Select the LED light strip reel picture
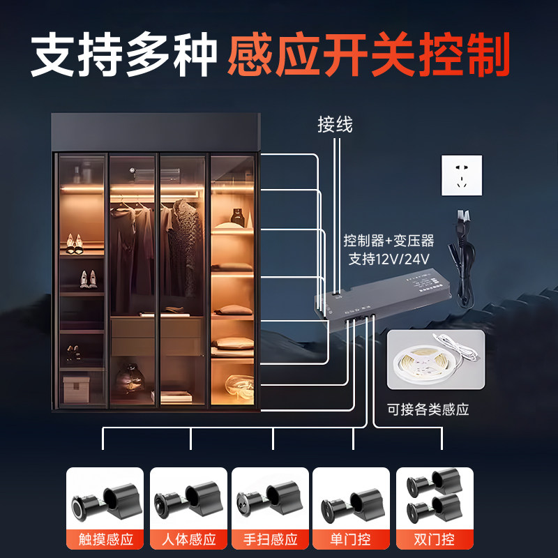click(435, 359)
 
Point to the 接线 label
click(335, 125)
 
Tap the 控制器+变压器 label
click(389, 241)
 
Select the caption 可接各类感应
click(428, 409)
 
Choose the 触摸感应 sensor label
click(105, 539)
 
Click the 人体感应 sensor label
click(188, 539)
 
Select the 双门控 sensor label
click(435, 539)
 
